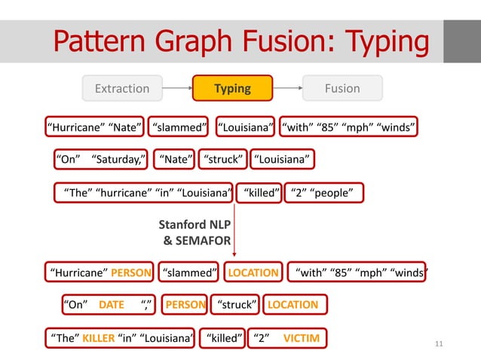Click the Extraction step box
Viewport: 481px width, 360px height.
pos(122,88)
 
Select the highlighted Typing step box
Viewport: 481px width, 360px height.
pos(232,88)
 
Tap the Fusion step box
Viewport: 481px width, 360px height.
pos(342,88)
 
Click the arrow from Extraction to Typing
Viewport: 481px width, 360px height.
pos(177,88)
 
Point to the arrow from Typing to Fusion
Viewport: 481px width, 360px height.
pos(287,88)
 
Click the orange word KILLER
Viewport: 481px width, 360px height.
pos(98,338)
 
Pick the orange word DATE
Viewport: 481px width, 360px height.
pos(112,304)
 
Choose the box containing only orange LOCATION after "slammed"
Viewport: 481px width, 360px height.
pos(253,272)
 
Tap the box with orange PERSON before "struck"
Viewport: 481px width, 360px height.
pos(185,304)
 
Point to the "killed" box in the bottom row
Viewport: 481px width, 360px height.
pos(223,338)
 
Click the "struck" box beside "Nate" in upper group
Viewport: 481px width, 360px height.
pos(224,159)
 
